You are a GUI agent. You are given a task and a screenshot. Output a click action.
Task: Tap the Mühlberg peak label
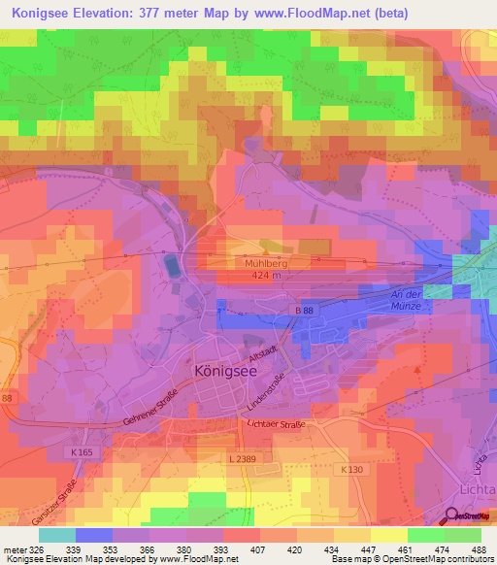256,262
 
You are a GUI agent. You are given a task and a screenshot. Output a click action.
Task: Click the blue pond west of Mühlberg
172,264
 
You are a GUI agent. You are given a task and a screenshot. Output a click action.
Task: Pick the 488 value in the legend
479,548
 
